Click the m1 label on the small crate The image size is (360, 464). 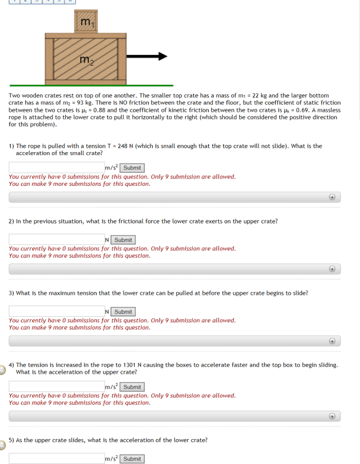point(86,22)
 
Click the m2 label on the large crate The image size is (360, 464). point(86,60)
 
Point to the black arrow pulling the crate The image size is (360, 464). point(147,57)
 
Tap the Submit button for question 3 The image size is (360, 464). point(123,312)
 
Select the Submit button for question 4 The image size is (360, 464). point(132,387)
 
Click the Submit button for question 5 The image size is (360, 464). point(132,459)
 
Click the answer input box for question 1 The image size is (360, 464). point(57,168)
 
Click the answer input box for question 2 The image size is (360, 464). point(57,240)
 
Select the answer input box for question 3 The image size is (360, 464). point(57,312)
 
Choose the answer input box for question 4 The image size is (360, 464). point(57,387)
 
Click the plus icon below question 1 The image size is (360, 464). point(332,197)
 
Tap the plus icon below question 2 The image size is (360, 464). point(332,269)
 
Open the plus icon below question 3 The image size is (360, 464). point(332,341)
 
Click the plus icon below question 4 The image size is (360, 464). point(332,416)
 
